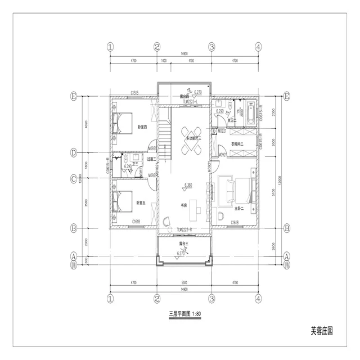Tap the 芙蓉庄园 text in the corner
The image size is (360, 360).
pyautogui.click(x=321, y=332)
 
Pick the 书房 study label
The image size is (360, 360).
pyautogui.click(x=183, y=205)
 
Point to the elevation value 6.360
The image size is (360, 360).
pyautogui.click(x=190, y=184)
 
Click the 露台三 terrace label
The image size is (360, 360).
pyautogui.click(x=183, y=244)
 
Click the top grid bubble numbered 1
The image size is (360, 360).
pyautogui.click(x=110, y=47)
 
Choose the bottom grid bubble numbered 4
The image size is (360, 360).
pyautogui.click(x=258, y=298)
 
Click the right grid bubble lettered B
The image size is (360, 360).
pyautogui.click(x=287, y=228)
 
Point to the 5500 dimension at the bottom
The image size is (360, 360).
pyautogui.click(x=183, y=283)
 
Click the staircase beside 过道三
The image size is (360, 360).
pyautogui.click(x=164, y=141)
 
